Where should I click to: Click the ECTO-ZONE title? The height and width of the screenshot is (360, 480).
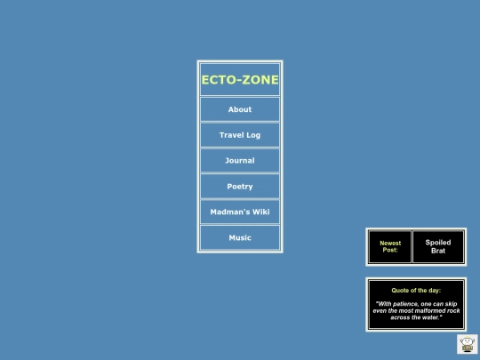[240, 80]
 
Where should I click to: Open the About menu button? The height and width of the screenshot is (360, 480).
[240, 109]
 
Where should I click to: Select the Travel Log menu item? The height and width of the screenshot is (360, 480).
[240, 135]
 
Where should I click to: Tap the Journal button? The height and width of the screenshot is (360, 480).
[240, 160]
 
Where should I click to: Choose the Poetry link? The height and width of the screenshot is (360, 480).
[240, 187]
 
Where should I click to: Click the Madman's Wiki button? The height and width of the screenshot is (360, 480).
[240, 212]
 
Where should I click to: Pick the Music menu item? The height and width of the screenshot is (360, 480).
[240, 237]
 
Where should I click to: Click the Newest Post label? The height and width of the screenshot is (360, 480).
[390, 246]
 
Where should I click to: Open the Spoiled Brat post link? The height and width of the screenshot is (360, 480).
[438, 246]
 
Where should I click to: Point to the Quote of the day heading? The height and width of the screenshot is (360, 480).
[416, 290]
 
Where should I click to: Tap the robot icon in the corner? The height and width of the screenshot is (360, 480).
[468, 344]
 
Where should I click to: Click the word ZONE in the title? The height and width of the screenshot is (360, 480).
[260, 80]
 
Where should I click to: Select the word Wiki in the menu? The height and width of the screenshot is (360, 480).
[260, 212]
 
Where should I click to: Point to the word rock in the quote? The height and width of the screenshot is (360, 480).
[453, 311]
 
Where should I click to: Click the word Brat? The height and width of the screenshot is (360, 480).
[438, 251]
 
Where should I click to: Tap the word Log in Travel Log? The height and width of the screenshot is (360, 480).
[253, 135]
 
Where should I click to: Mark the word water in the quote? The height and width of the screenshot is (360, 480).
[430, 317]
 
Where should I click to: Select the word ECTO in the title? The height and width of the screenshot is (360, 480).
[219, 80]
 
